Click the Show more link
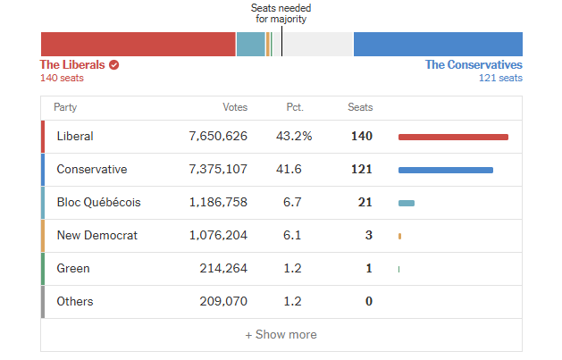tap(281, 335)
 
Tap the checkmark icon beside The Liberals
tap(114, 64)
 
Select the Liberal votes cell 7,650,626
tap(218, 137)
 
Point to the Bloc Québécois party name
tap(98, 203)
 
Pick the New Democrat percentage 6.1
tap(292, 236)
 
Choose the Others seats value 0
tap(368, 302)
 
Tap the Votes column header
tap(235, 107)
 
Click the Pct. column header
tap(295, 107)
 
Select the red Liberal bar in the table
tap(453, 137)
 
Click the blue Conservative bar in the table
tap(445, 170)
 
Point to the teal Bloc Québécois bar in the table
tap(407, 203)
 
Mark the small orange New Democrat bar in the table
tap(399, 236)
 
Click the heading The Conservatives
tap(474, 64)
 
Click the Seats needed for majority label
tap(281, 13)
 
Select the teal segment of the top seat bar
tap(250, 44)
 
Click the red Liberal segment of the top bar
tap(138, 44)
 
